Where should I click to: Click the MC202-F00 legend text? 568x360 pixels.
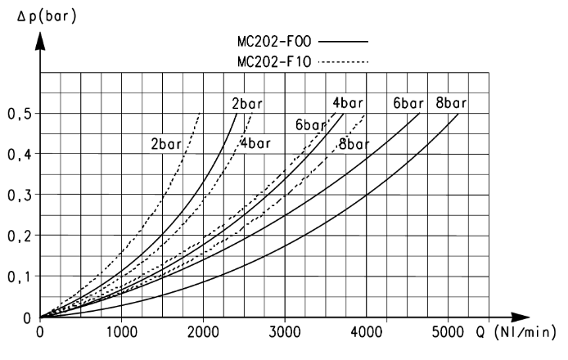click(274, 41)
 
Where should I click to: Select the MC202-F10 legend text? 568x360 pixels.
click(274, 61)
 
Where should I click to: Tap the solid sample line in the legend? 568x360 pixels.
click(343, 42)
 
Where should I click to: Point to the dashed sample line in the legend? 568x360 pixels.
click(343, 62)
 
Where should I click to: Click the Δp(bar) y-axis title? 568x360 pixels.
click(47, 16)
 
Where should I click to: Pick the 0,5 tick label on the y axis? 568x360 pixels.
click(20, 114)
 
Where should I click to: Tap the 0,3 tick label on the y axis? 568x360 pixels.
click(20, 196)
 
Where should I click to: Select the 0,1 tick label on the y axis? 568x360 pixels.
click(20, 277)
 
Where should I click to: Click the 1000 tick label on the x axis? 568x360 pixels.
click(122, 331)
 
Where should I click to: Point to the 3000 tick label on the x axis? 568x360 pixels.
click(285, 331)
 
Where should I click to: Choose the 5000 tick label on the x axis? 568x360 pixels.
click(448, 331)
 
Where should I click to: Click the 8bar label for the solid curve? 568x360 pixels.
click(451, 103)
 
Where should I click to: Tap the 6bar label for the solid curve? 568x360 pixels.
click(408, 104)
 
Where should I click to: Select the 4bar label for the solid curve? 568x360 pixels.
click(347, 103)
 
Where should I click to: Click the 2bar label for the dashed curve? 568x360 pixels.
click(166, 144)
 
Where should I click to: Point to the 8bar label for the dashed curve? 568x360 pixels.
click(354, 144)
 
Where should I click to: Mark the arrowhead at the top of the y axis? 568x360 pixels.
click(40, 41)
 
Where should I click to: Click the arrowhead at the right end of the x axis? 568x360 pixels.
click(521, 317)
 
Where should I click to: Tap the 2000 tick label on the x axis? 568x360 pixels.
click(203, 331)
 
